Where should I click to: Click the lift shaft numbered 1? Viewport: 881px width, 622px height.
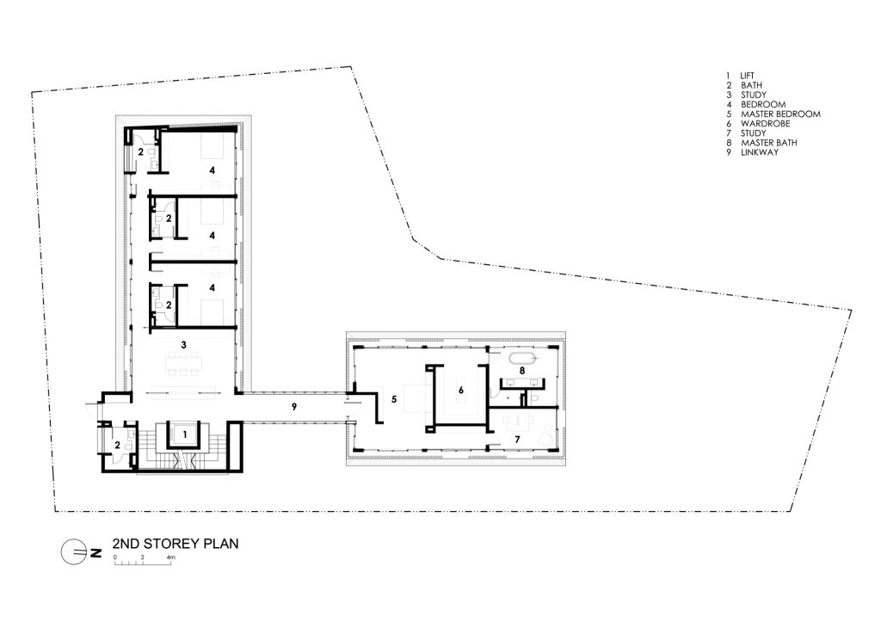185,434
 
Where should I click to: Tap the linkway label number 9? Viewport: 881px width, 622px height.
294,407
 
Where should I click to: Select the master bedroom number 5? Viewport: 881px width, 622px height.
394,399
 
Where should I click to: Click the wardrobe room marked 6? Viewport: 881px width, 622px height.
461,390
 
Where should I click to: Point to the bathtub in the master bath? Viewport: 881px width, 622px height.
522,359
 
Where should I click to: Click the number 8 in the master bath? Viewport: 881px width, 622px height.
522,371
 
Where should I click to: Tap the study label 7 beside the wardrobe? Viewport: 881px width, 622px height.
517,440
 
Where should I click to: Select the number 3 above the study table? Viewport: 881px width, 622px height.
183,344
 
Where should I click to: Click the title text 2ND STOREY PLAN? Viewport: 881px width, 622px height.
176,544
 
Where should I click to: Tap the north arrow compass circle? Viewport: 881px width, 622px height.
72,552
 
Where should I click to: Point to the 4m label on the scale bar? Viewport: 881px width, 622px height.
171,557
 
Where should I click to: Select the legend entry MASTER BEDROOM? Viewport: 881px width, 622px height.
780,114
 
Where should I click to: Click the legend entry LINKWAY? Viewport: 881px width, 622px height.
760,152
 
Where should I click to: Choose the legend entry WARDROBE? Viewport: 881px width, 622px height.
765,124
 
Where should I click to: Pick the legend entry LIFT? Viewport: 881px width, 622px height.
748,76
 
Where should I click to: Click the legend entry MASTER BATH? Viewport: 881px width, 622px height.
768,143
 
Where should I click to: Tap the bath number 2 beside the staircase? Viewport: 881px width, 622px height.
117,445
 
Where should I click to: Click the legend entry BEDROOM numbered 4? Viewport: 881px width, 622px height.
763,104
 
